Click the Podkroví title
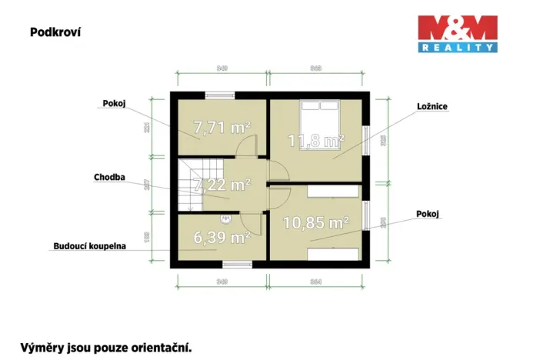55,32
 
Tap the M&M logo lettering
457,29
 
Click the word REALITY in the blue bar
457,48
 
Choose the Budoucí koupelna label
89,247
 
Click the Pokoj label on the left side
114,103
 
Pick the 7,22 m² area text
222,185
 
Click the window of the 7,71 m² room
222,95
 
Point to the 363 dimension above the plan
315,69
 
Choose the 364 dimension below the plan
316,282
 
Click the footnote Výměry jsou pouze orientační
105,347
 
